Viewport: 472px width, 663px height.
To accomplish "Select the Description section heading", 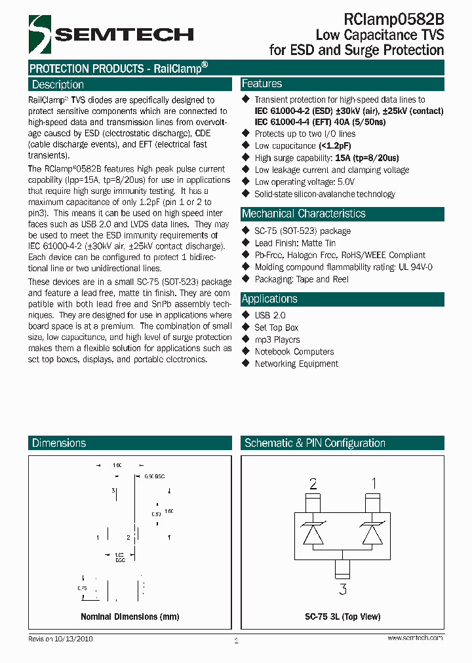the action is click(x=58, y=85).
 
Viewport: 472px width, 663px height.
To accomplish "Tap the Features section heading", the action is click(x=262, y=84).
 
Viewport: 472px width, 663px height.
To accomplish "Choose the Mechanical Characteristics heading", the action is click(x=304, y=214).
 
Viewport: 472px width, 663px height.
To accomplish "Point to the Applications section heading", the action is click(x=269, y=299).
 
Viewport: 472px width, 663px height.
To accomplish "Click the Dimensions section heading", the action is click(x=59, y=444).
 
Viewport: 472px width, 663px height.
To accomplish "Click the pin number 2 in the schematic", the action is click(x=313, y=484).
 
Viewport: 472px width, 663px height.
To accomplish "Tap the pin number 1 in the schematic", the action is click(x=374, y=484).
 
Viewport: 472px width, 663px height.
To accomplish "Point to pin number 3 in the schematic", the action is click(x=343, y=589).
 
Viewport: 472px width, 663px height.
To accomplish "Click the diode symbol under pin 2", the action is click(x=313, y=531).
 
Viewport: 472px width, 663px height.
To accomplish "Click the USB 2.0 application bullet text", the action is click(x=270, y=315).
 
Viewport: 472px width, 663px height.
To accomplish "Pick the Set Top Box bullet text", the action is click(x=276, y=328).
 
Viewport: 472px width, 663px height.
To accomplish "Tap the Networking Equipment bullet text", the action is click(x=296, y=364).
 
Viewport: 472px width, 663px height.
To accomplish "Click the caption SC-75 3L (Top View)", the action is click(x=343, y=616).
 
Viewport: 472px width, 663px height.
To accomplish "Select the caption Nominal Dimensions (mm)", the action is click(x=130, y=616).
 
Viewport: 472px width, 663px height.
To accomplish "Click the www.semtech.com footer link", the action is click(x=415, y=638).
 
